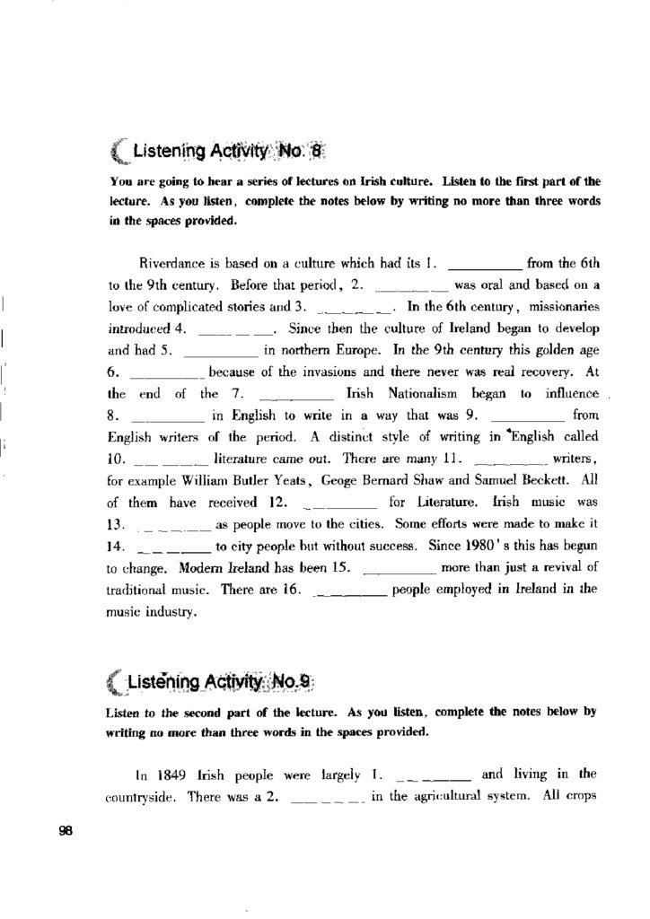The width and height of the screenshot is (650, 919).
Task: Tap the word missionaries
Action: [561, 306]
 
